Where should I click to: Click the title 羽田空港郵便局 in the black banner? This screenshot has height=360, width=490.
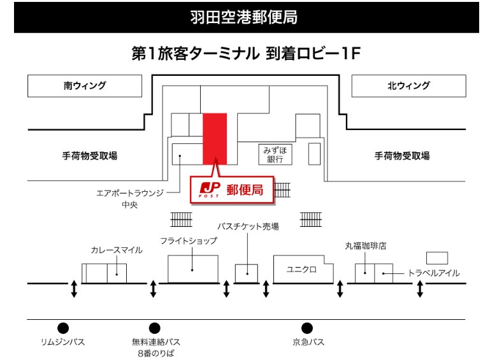tap(245, 17)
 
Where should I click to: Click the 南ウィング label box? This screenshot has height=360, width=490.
tap(85, 86)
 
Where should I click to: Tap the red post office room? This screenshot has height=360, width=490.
tap(215, 137)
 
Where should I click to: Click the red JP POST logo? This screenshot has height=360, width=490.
tap(209, 189)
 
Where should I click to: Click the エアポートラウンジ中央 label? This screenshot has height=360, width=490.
tap(129, 198)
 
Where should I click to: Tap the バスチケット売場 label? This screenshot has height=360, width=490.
tap(248, 226)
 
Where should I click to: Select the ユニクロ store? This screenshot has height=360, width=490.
tap(301, 269)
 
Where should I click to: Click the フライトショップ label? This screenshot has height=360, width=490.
tap(189, 240)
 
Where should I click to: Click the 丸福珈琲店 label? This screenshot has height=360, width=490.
tap(366, 245)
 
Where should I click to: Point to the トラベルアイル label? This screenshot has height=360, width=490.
tap(433, 273)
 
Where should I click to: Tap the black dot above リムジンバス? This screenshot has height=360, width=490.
tap(63, 328)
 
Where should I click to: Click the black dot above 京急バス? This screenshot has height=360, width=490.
tap(307, 328)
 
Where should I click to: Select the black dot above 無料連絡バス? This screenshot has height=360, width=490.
tap(154, 328)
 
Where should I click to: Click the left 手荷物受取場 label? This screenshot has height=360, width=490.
tap(89, 156)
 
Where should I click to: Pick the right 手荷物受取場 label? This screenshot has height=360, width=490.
tap(401, 156)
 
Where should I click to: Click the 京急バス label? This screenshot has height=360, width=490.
tap(308, 342)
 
